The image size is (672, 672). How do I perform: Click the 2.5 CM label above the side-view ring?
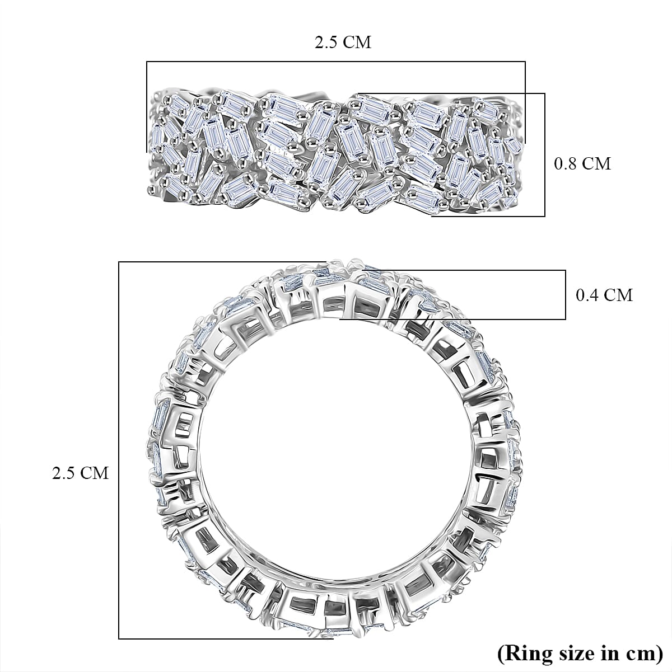click(343, 43)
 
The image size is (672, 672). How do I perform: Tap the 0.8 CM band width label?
click(582, 163)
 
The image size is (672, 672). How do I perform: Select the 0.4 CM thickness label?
click(604, 295)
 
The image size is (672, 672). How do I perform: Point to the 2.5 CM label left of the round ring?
click(80, 473)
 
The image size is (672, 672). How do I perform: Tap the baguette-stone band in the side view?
click(336, 151)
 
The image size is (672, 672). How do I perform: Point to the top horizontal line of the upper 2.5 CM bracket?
click(336, 62)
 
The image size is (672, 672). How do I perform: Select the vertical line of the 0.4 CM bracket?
click(565, 295)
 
